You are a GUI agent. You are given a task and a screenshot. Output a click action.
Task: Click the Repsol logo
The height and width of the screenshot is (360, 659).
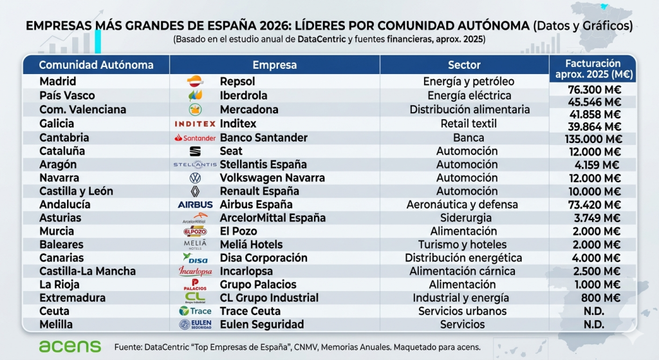(195, 82)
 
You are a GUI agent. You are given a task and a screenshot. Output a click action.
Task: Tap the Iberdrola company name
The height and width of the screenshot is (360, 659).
(243, 95)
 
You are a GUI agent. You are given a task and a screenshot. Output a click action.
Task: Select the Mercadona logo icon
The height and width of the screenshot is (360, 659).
(195, 109)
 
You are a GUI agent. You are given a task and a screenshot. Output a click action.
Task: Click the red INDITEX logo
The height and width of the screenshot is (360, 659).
(194, 124)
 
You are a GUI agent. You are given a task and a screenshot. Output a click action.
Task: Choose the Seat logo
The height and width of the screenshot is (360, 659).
(195, 151)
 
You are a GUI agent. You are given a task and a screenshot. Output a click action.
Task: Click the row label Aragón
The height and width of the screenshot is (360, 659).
(57, 164)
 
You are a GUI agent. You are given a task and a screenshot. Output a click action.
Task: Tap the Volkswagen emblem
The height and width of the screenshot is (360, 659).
(195, 178)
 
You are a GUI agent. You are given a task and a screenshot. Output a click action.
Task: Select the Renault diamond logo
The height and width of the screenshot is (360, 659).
(195, 191)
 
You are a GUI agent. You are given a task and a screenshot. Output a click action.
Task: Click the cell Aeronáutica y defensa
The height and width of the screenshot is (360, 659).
(461, 204)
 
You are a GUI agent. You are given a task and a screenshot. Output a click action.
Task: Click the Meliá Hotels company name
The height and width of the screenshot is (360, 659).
(251, 244)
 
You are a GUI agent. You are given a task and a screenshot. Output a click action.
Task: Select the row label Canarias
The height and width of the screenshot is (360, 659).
(61, 258)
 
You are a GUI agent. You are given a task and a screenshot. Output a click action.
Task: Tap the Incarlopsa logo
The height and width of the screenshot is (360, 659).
(195, 271)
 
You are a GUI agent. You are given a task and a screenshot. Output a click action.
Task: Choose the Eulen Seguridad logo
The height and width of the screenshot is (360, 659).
(195, 325)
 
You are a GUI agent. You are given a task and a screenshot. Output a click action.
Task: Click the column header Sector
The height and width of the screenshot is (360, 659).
(464, 65)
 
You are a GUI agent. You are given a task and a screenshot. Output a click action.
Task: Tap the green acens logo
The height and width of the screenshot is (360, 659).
(70, 346)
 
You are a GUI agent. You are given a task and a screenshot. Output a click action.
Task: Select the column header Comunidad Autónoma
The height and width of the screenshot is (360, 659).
(96, 65)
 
